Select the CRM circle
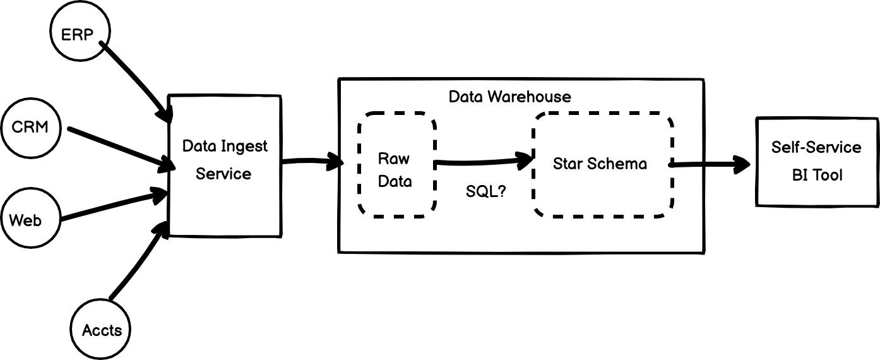click(30, 127)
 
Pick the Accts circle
click(102, 329)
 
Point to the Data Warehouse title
click(509, 97)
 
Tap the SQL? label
click(485, 191)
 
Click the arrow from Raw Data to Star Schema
click(480, 162)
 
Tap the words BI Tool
click(817, 175)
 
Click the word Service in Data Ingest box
click(223, 174)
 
